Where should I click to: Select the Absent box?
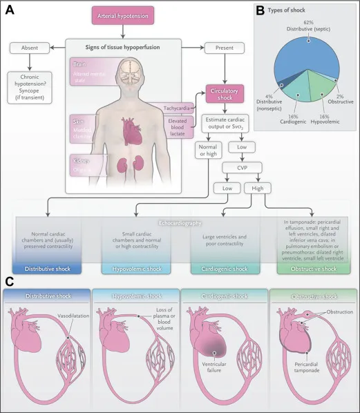(x=29, y=48)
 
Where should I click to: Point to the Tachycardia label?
(x=178, y=108)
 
